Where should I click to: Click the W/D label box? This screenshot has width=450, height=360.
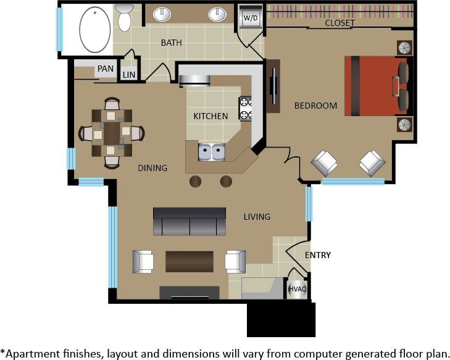tap(251, 18)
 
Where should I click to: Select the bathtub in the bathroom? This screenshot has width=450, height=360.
tap(95, 28)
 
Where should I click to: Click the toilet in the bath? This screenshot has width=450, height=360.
tap(125, 17)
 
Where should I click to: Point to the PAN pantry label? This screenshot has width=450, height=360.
tap(105, 69)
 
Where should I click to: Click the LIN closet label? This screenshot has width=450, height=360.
tap(129, 75)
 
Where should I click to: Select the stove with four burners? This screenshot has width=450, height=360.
tap(245, 108)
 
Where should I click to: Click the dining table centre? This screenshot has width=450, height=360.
tap(112, 132)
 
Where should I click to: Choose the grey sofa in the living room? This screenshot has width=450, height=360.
tap(190, 222)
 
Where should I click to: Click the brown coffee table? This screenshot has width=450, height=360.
tap(189, 261)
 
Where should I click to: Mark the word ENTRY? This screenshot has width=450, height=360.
tap(318, 255)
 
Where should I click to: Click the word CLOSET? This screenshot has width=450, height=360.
tap(340, 23)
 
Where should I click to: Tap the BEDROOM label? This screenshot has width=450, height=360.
tap(315, 106)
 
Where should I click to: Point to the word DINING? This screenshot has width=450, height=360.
tap(152, 168)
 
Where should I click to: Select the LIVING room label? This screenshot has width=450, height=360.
tap(257, 216)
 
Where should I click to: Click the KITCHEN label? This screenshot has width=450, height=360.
tap(210, 116)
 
